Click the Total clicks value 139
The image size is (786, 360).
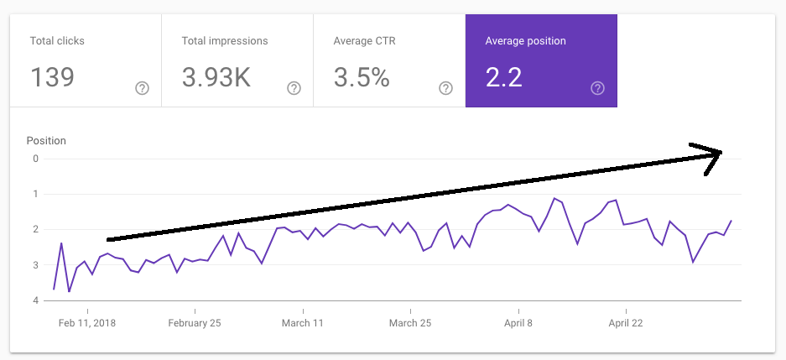click(52, 77)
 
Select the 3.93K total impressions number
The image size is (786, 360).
click(216, 77)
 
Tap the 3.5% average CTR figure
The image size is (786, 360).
click(362, 77)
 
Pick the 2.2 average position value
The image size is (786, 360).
click(503, 77)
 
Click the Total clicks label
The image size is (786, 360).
click(57, 40)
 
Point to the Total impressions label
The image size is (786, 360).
click(225, 40)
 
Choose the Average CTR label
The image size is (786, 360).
click(366, 40)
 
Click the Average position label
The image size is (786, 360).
click(525, 40)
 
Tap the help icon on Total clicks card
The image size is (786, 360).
click(142, 88)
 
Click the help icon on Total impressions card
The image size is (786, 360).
click(294, 88)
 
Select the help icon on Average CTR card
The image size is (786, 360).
click(445, 88)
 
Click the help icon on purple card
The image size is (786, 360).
click(597, 88)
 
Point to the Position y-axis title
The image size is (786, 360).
click(46, 141)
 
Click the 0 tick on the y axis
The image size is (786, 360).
click(35, 159)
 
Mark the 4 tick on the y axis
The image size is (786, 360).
click(35, 300)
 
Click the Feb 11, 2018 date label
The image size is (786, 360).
click(87, 323)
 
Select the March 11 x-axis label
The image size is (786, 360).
click(302, 323)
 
